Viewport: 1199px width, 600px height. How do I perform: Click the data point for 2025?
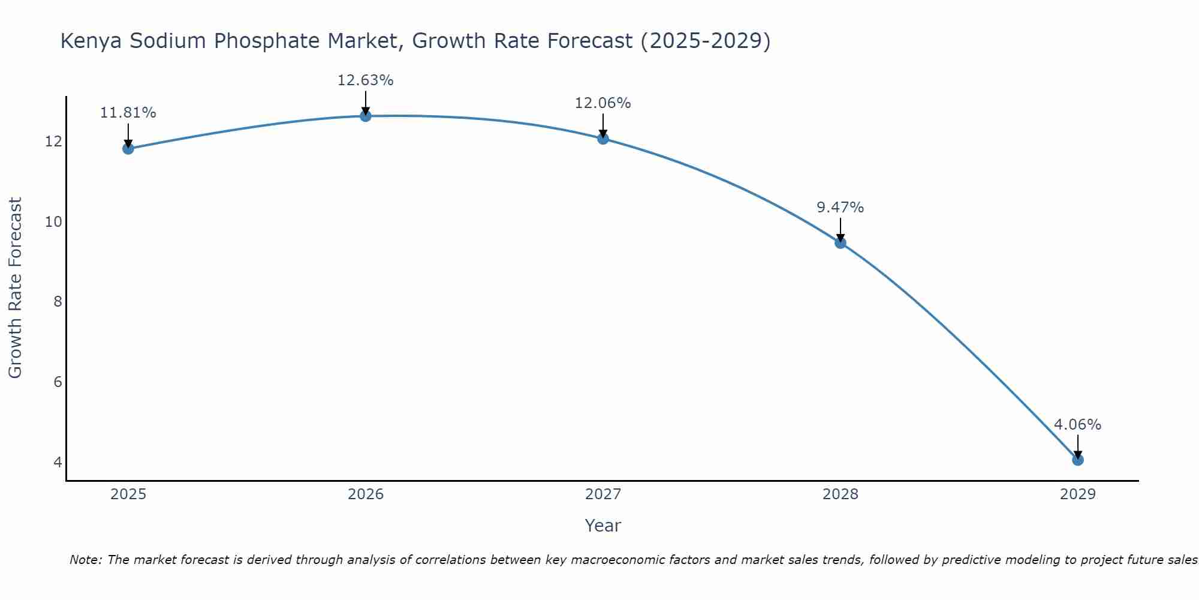point(128,148)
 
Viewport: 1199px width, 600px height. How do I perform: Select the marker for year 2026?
point(366,116)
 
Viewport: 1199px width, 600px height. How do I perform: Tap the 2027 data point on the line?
point(603,139)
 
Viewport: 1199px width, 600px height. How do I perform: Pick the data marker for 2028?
point(840,243)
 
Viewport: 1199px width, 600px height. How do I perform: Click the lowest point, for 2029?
point(1078,460)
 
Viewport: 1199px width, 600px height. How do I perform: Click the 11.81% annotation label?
point(128,113)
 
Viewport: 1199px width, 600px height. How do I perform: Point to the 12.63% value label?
point(366,80)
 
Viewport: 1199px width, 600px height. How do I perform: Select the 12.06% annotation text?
point(603,103)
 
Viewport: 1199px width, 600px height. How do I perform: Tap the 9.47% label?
point(840,208)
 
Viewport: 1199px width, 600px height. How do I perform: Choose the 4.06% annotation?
point(1078,425)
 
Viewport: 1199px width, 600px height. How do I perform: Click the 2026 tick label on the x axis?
point(366,494)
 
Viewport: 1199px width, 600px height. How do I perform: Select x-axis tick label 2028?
point(840,494)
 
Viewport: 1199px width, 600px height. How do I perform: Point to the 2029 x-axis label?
point(1078,494)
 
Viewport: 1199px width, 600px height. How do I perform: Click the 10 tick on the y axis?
point(54,222)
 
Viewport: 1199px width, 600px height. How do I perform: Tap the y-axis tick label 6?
point(58,382)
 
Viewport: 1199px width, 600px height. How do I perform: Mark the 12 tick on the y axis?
point(54,142)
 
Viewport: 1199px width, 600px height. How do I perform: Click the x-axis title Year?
point(603,526)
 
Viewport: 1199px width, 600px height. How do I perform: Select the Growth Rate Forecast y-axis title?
point(15,288)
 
